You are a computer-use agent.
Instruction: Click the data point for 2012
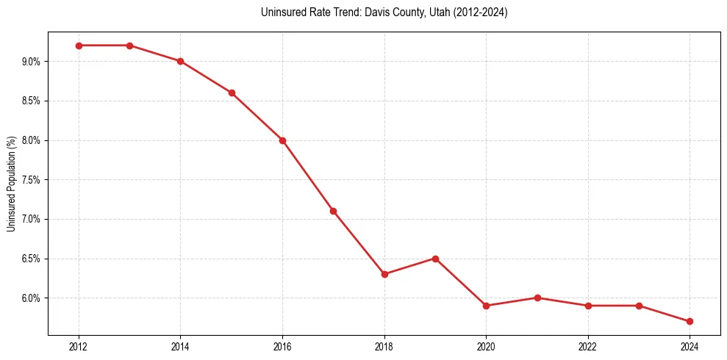(x=79, y=46)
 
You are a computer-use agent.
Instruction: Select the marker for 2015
(x=232, y=93)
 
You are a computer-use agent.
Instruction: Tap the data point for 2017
(x=333, y=211)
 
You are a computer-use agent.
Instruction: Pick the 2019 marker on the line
(x=435, y=259)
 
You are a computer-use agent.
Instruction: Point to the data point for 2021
(x=537, y=298)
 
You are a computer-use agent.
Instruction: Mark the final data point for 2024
(x=690, y=321)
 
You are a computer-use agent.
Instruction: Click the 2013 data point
(x=129, y=46)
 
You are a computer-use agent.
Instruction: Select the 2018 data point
(x=384, y=274)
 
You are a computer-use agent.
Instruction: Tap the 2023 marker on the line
(x=639, y=306)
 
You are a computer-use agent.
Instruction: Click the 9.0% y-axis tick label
(x=31, y=62)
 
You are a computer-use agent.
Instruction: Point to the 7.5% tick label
(x=31, y=180)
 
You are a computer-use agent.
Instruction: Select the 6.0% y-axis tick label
(x=31, y=298)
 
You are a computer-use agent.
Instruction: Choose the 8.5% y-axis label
(x=31, y=101)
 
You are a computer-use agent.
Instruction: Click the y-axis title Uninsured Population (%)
(x=12, y=184)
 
